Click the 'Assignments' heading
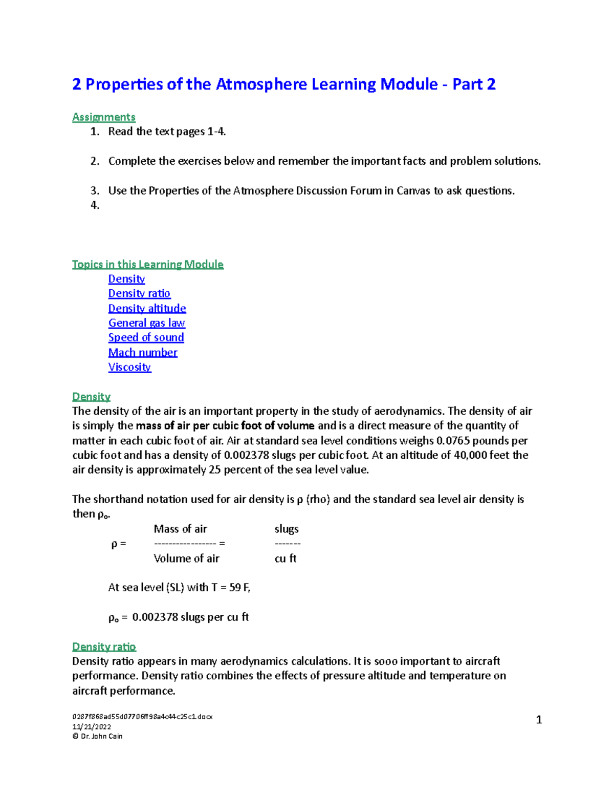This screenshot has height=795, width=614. [103, 117]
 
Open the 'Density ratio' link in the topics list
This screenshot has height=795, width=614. [139, 293]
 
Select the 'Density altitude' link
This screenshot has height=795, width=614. [147, 308]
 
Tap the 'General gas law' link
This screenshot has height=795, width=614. [146, 323]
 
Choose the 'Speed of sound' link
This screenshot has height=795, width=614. [146, 337]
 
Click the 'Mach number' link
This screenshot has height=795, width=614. [143, 352]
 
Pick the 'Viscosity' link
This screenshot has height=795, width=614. [129, 367]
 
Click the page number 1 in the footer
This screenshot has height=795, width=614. [538, 720]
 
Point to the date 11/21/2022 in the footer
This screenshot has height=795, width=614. [92, 726]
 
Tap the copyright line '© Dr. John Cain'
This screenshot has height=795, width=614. [97, 736]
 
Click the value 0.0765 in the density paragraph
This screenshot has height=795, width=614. [453, 441]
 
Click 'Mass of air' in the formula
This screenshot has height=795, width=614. [180, 529]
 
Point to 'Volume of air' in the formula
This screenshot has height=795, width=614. [186, 558]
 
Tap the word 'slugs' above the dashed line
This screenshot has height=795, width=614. [287, 529]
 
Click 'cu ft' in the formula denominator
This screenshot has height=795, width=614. [286, 558]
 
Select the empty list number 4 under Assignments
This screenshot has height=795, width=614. [95, 205]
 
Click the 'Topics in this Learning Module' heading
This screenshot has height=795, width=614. [147, 264]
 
